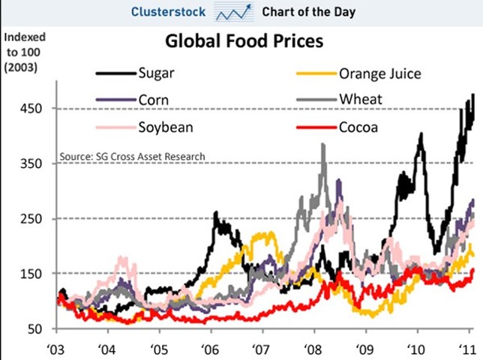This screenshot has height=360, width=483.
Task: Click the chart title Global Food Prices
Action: (x=244, y=40)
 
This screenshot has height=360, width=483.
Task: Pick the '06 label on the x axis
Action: (x=211, y=349)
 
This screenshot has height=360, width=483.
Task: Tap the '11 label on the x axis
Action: (x=466, y=349)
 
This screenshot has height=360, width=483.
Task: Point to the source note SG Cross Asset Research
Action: (x=132, y=156)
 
